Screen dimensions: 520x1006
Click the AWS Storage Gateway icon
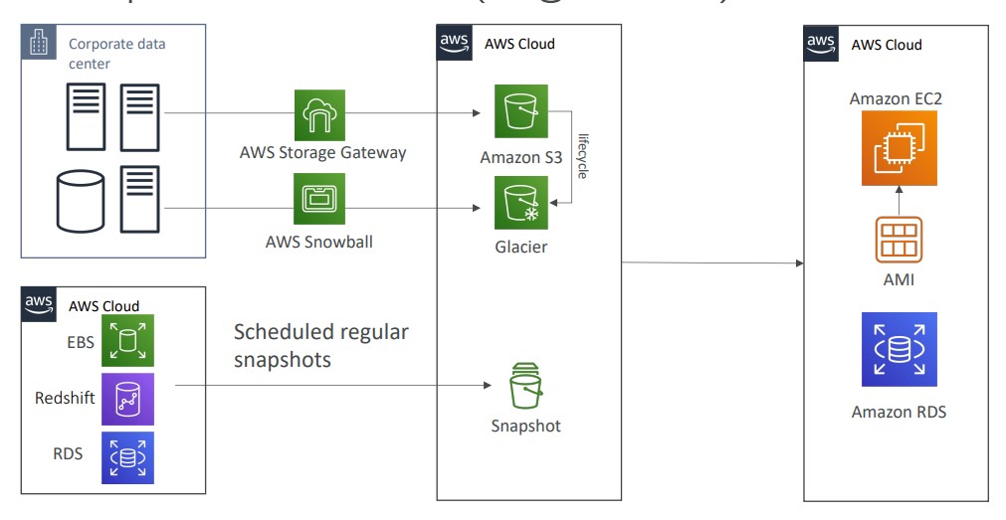[319, 115]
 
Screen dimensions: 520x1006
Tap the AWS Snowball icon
[319, 199]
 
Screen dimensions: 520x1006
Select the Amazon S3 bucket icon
[520, 111]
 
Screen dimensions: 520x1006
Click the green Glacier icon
[520, 203]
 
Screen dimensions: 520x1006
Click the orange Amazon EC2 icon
[899, 148]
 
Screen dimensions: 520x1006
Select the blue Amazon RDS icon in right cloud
[899, 349]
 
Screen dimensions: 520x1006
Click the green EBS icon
[127, 340]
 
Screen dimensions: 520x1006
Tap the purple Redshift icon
[127, 398]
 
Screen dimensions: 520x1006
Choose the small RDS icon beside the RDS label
[127, 456]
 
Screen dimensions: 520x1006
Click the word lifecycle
[583, 157]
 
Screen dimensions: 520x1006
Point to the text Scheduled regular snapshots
[320, 345]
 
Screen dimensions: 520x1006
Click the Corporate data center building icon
[39, 45]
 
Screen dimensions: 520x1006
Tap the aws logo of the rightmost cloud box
[821, 42]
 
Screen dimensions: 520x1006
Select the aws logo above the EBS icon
[40, 303]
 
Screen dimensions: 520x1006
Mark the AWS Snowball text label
[319, 242]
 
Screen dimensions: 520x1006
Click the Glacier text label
[521, 247]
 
